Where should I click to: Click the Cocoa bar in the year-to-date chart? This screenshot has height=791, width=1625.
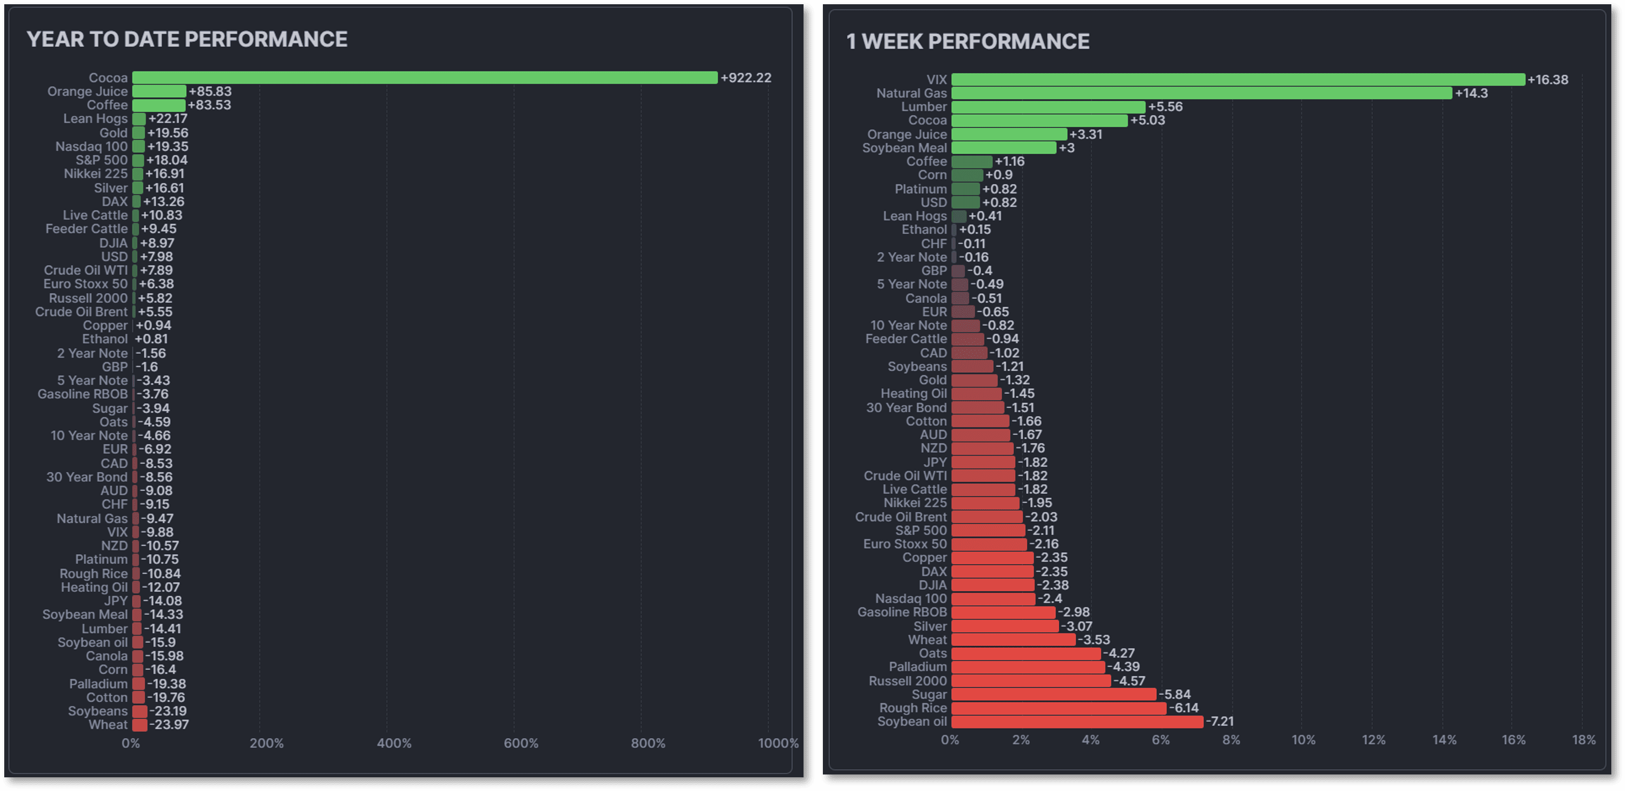pos(424,77)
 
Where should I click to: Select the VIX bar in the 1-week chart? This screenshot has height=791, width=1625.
pos(1238,80)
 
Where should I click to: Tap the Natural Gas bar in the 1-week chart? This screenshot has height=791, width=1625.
pos(1202,93)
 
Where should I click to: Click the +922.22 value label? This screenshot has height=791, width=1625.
pos(746,77)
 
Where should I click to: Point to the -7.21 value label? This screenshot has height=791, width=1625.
pos(1220,722)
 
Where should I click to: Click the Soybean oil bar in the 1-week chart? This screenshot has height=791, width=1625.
pos(1077,722)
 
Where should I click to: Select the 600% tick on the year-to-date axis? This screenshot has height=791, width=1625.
pos(521,743)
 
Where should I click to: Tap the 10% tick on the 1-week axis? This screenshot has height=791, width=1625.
pos(1303,740)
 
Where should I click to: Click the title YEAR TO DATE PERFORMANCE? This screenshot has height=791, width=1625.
pos(187,39)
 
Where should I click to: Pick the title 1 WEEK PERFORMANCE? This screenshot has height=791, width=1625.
pos(968,42)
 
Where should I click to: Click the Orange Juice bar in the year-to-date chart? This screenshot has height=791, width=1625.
pos(159,92)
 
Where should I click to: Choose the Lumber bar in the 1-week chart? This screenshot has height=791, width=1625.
pos(1048,107)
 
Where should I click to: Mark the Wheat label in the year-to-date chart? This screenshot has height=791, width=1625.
pos(108,725)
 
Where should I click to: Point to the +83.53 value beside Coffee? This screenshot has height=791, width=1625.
pos(210,105)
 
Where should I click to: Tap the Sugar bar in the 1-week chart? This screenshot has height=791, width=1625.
pos(1053,694)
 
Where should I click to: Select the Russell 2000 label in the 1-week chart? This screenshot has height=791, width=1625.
pos(908,681)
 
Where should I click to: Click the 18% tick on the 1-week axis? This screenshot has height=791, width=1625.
pos(1584,740)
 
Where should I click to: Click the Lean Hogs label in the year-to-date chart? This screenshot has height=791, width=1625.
pos(95,118)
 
